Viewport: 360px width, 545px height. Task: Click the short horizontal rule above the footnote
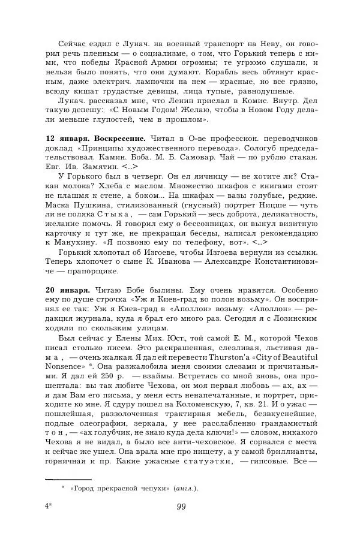coord(68,478)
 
